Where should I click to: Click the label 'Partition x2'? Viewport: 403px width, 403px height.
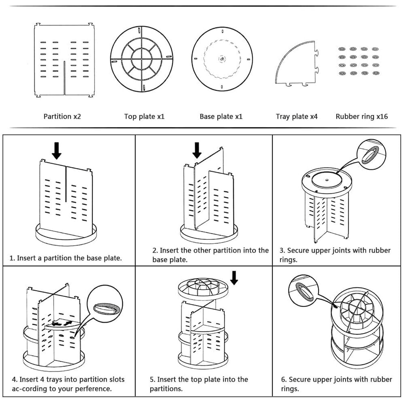click(62, 116)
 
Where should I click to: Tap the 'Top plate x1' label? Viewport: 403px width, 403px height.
click(144, 116)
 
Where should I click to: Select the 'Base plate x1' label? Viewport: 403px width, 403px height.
click(221, 116)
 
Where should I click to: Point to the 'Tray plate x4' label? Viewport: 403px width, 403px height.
click(296, 116)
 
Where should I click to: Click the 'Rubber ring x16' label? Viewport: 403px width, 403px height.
click(361, 116)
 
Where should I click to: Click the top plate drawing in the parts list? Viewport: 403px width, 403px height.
click(142, 59)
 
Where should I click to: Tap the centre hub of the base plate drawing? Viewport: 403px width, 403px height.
click(222, 59)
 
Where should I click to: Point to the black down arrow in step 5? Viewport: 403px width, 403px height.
click(234, 278)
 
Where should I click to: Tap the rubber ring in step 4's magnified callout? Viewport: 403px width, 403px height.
click(107, 308)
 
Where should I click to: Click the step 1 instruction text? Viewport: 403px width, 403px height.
click(66, 258)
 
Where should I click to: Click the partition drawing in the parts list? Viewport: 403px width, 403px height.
click(64, 60)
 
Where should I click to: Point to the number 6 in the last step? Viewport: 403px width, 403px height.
click(283, 379)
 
